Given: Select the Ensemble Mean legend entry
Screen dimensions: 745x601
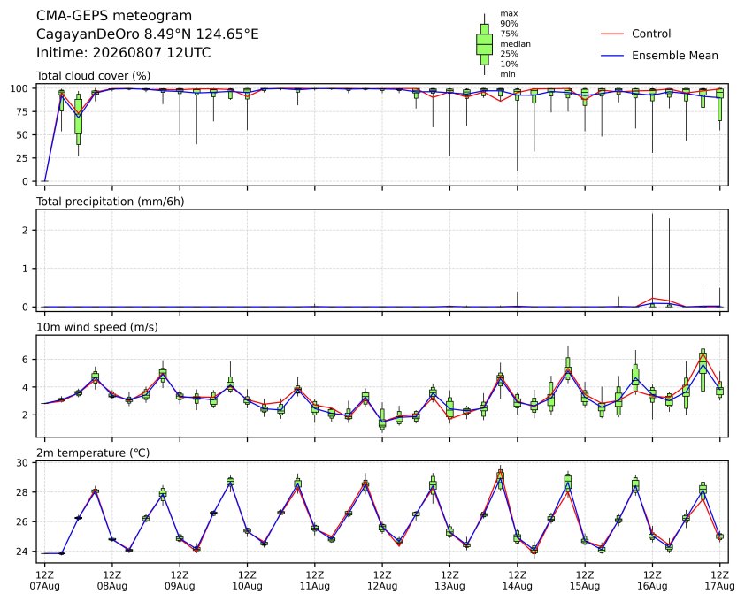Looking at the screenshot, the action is [x=659, y=56].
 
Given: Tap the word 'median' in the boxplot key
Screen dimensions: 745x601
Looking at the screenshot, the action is [x=515, y=43].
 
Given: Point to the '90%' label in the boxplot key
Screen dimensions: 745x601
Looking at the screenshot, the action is [x=509, y=23].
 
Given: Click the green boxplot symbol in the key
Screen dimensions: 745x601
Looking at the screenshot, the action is [x=485, y=44].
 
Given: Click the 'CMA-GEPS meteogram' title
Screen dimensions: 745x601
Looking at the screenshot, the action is [x=114, y=16].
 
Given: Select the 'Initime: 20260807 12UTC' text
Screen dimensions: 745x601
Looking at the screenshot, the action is [x=124, y=52].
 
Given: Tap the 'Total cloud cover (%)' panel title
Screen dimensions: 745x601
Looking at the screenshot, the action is [x=94, y=75].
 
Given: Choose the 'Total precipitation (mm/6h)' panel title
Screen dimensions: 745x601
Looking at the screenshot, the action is [x=111, y=202].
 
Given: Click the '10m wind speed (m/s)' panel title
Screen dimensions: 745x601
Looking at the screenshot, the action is [x=97, y=327].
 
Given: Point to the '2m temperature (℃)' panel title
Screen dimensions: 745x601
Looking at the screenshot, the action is [x=93, y=453].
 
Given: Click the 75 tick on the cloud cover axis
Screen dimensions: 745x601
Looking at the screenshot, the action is [x=22, y=111].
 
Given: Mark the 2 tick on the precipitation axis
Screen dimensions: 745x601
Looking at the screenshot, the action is [x=26, y=231].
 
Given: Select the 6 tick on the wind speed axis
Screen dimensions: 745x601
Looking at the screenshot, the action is [x=26, y=360].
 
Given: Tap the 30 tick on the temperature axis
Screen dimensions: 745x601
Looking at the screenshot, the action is [x=22, y=462].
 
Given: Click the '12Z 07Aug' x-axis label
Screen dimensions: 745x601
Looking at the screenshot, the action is [x=44, y=580].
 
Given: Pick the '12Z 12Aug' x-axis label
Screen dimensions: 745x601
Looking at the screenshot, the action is [x=382, y=580].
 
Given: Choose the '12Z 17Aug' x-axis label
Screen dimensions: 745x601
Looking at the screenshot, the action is [x=720, y=580].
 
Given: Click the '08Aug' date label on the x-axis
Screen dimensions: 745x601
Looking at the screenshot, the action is [x=112, y=586].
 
